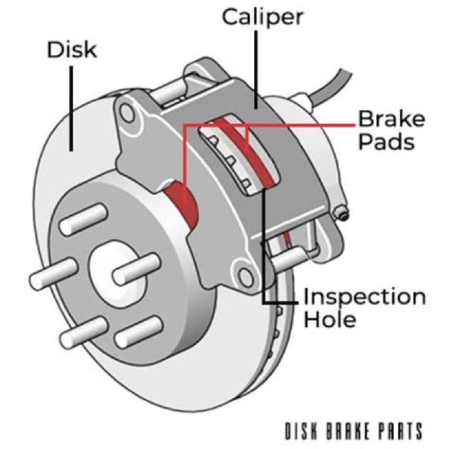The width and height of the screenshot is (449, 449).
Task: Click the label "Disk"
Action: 72,50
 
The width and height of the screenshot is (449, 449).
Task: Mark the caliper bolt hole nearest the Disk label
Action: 129,112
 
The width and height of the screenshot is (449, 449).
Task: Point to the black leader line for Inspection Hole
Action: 264,249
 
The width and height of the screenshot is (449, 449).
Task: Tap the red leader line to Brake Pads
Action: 299,125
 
